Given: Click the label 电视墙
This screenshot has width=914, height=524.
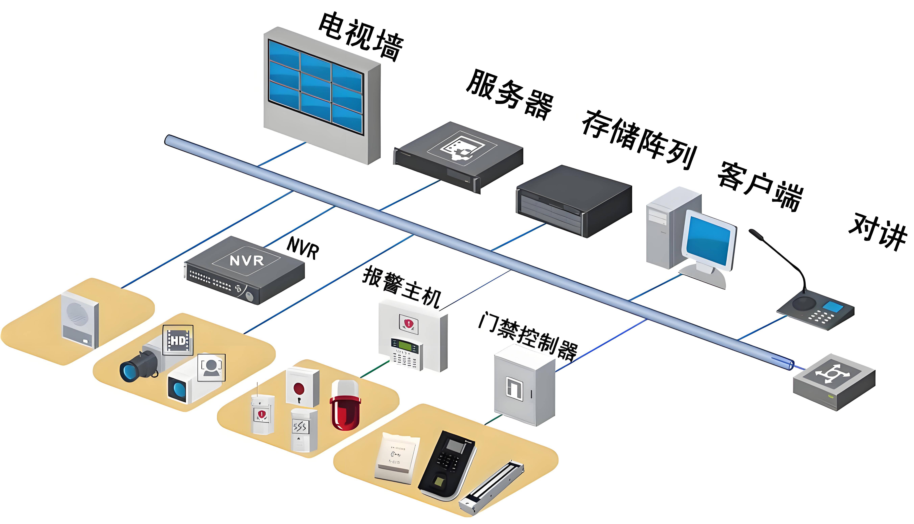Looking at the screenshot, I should (360, 36).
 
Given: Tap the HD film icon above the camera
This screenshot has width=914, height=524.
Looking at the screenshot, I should (178, 340).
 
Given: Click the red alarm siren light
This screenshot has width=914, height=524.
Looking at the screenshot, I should (345, 407).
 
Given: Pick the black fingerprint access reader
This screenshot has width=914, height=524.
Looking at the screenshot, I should (447, 464).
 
